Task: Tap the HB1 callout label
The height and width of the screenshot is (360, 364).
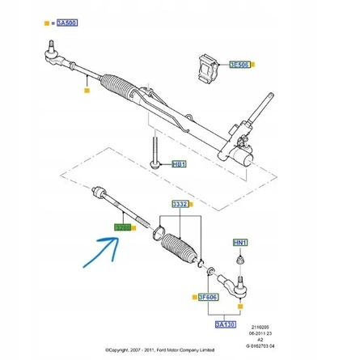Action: pos(179,164)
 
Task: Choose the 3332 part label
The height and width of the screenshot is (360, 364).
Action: pos(179,204)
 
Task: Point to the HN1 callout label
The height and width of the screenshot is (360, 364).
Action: pos(240,243)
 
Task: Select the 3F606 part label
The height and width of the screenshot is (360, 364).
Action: pos(209,297)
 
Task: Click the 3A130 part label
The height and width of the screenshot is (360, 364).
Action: pos(225,324)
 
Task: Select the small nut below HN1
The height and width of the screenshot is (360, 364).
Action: pos(240,260)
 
